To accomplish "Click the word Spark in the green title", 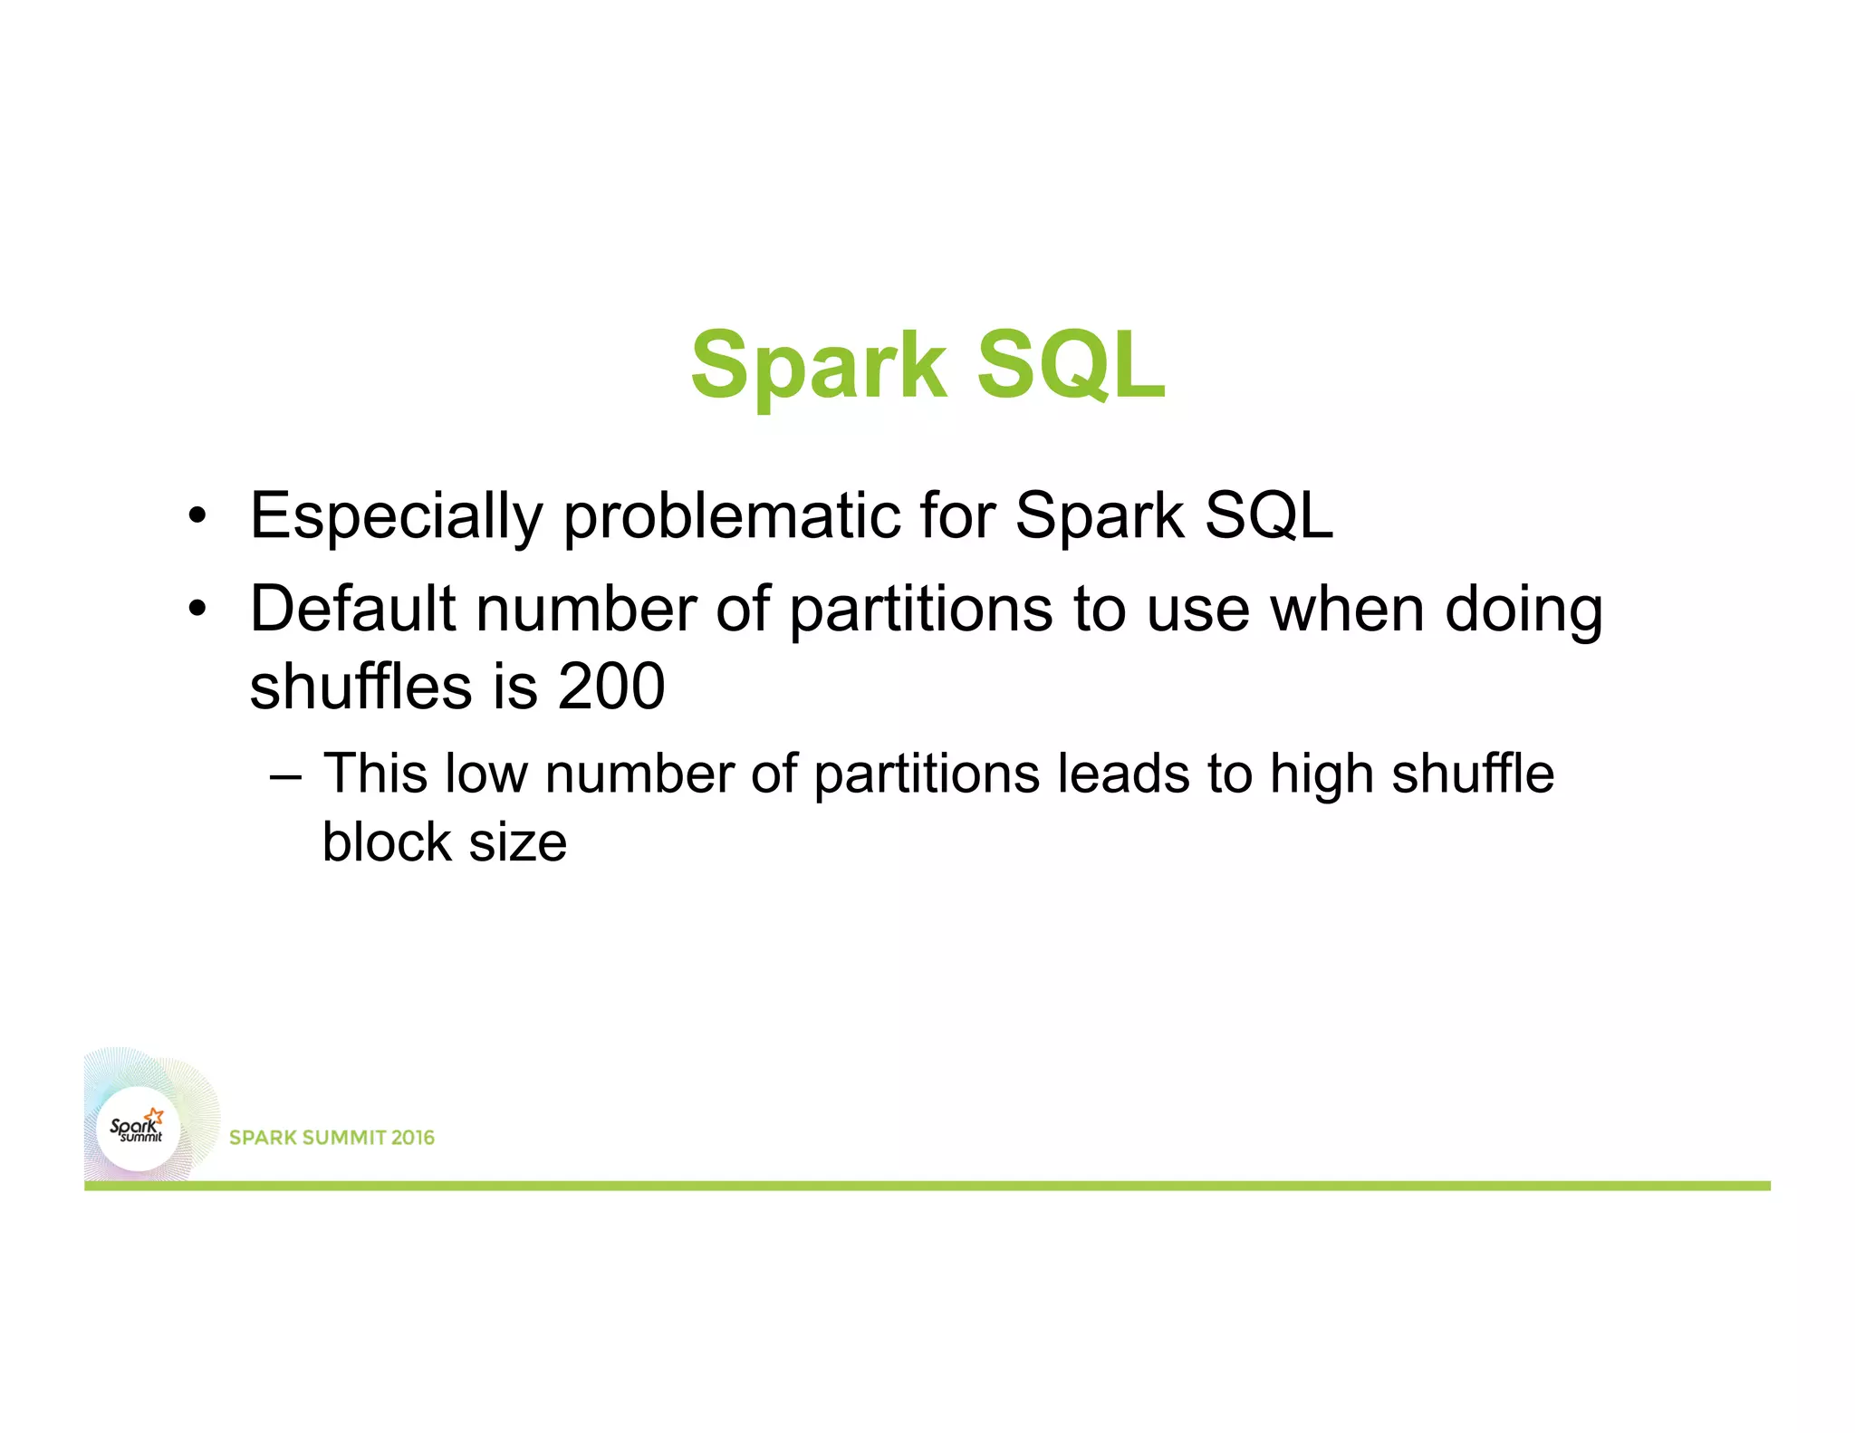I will pyautogui.click(x=818, y=365).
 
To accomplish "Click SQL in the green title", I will pyautogui.click(x=1072, y=365).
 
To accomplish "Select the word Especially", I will pyautogui.click(x=396, y=516).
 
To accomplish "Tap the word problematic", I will pyautogui.click(x=731, y=516).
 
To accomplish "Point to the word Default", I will pyautogui.click(x=352, y=609).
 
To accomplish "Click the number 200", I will pyautogui.click(x=611, y=686).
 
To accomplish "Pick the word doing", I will pyautogui.click(x=1523, y=609).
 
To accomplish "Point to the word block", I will pyautogui.click(x=387, y=842).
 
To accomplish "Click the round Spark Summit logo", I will pyautogui.click(x=138, y=1130).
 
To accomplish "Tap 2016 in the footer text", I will pyautogui.click(x=413, y=1138).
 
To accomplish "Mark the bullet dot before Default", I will pyautogui.click(x=197, y=611).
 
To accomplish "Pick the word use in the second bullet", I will pyautogui.click(x=1198, y=609).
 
